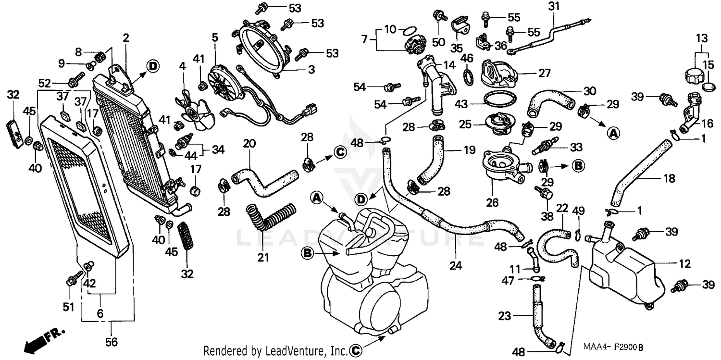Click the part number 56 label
(112, 342)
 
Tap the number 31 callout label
(554, 6)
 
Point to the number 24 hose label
(456, 265)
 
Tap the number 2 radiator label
(126, 38)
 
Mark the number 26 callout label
(492, 202)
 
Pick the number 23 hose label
(504, 316)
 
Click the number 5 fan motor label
(215, 38)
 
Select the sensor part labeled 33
(545, 146)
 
